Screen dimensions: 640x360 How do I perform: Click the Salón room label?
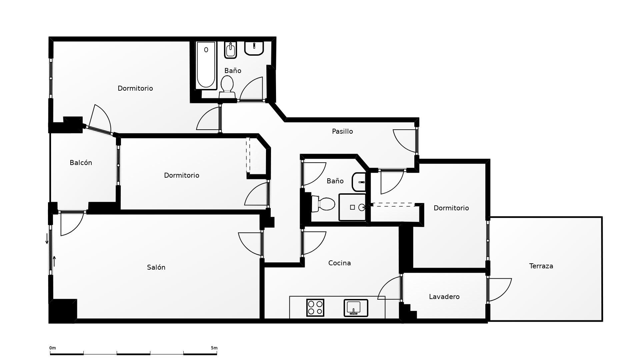(156, 267)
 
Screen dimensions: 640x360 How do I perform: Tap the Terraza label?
(541, 266)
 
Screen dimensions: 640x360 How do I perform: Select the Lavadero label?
(444, 297)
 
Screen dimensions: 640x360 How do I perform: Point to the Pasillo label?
(342, 131)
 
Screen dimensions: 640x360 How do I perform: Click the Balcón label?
(81, 163)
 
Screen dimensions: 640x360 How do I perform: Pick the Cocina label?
(339, 263)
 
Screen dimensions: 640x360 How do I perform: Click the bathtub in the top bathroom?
(206, 65)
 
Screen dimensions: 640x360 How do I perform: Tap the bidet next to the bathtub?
(230, 50)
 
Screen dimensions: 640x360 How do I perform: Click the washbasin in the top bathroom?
(254, 48)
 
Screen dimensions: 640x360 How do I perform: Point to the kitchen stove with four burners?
(315, 308)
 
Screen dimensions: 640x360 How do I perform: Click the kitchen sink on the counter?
(356, 308)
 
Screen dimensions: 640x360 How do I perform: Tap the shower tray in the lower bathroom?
(352, 207)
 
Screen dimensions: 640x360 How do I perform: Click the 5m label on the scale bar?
(214, 348)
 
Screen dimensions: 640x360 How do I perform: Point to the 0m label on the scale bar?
(53, 348)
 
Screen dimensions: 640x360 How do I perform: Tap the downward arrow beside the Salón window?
(47, 239)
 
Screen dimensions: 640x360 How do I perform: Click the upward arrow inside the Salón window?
(54, 261)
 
